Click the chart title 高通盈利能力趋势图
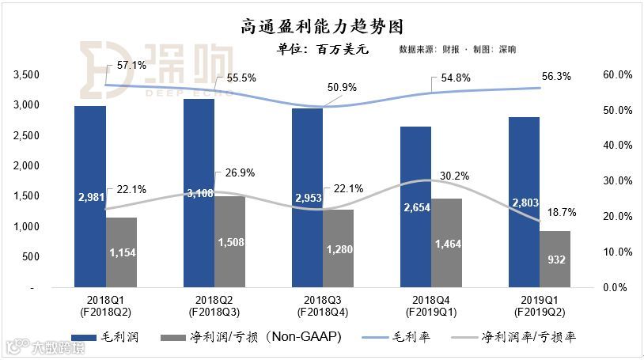[321, 27]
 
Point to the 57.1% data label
[130, 66]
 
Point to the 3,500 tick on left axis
[26, 74]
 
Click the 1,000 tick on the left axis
[26, 227]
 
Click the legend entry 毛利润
[106, 337]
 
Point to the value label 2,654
[415, 207]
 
